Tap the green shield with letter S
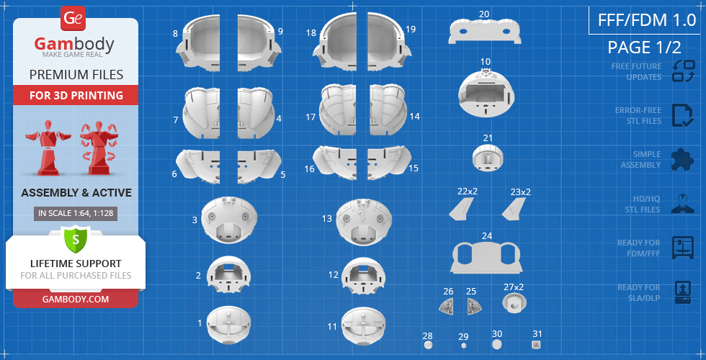[x=76, y=239]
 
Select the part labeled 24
[x=487, y=258]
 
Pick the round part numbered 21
[x=488, y=157]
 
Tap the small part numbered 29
[x=464, y=346]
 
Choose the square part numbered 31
[x=536, y=345]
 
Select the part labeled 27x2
[x=514, y=303]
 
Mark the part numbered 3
[x=229, y=220]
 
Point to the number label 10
[x=486, y=61]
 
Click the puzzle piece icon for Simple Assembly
[x=682, y=160]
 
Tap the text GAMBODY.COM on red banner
[x=76, y=300]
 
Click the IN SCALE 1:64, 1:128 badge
[x=76, y=214]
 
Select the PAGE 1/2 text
[x=644, y=48]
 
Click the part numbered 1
[x=229, y=325]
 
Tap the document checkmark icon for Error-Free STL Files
[x=682, y=116]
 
